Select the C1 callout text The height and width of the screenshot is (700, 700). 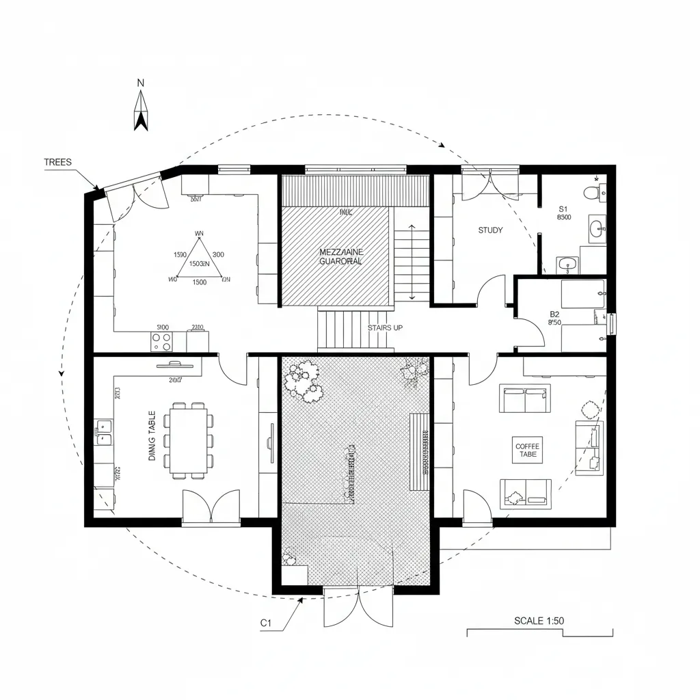pyautogui.click(x=266, y=623)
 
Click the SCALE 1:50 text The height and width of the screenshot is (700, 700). pyautogui.click(x=539, y=621)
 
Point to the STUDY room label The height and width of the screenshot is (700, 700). pyautogui.click(x=490, y=230)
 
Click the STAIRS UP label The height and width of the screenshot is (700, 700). pyautogui.click(x=385, y=328)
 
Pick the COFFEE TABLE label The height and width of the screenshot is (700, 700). pyautogui.click(x=527, y=450)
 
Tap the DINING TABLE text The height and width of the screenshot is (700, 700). pyautogui.click(x=152, y=435)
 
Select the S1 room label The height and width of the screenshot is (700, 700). pyautogui.click(x=563, y=209)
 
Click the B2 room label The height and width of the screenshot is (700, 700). pyautogui.click(x=554, y=315)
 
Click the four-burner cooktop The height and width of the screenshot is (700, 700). pyautogui.click(x=162, y=341)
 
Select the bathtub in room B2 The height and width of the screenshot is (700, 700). pyautogui.click(x=583, y=294)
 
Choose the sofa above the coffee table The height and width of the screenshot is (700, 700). pyautogui.click(x=524, y=399)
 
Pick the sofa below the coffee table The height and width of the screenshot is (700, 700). pyautogui.click(x=526, y=492)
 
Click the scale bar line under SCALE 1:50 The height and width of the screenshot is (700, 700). pyautogui.click(x=539, y=630)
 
